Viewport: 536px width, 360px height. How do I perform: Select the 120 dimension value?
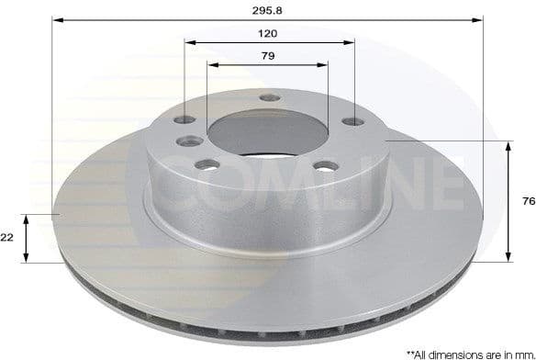[x=268, y=32]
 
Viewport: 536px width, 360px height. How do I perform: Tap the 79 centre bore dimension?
[x=268, y=55]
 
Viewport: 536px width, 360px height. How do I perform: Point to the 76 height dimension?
[x=528, y=201]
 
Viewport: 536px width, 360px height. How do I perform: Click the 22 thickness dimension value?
[x=7, y=237]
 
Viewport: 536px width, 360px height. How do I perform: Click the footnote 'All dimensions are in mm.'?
[x=470, y=353]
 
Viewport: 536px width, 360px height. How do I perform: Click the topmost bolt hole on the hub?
[x=269, y=98]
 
